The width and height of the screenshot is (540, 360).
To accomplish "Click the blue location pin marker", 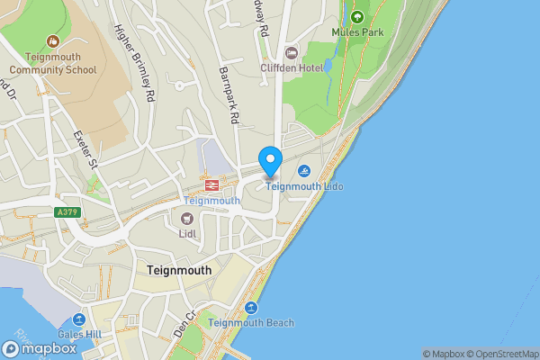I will click(x=271, y=161).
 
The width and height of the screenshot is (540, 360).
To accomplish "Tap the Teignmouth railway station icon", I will click(x=212, y=184).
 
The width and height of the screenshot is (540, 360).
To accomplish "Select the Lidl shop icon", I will click(x=187, y=219).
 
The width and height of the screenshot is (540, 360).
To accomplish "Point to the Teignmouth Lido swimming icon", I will click(x=306, y=171).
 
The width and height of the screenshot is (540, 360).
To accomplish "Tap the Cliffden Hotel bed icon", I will click(x=291, y=51).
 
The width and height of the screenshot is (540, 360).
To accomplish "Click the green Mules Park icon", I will click(x=357, y=17).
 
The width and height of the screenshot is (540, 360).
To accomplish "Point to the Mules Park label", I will click(x=357, y=32).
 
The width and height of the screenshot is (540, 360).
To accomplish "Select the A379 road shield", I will click(x=64, y=212).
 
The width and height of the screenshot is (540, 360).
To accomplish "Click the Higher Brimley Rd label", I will click(x=137, y=60).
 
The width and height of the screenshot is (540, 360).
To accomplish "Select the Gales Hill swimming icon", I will click(x=80, y=321).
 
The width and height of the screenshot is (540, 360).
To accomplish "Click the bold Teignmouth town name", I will click(x=179, y=270).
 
